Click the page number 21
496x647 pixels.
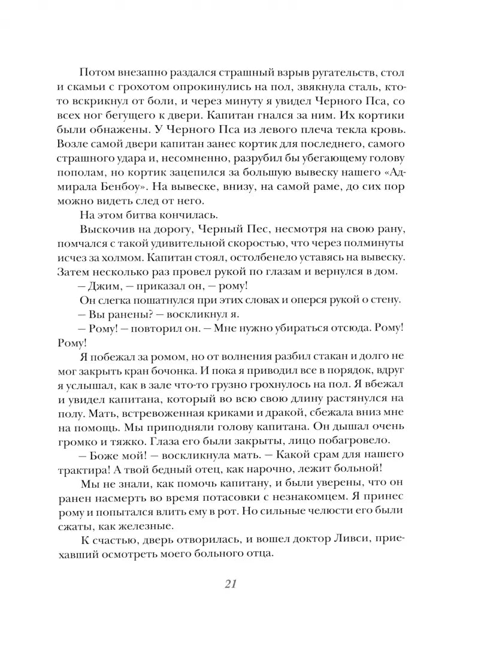click(230, 583)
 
